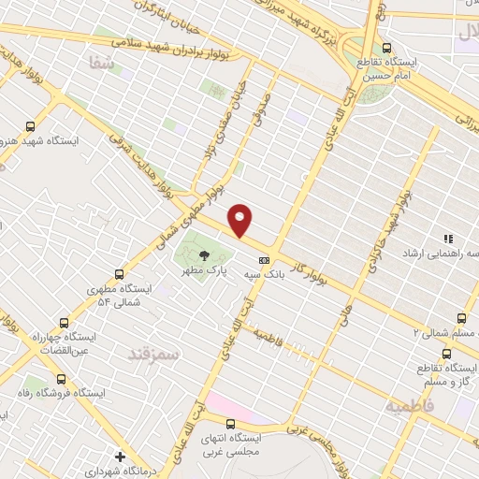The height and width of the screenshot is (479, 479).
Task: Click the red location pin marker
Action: click(241, 220)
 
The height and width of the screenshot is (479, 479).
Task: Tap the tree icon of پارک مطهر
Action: click(204, 256)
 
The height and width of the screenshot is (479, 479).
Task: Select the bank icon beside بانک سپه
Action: click(264, 260)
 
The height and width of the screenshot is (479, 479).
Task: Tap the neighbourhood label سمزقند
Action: click(152, 353)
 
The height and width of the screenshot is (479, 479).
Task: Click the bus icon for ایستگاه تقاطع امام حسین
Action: click(386, 49)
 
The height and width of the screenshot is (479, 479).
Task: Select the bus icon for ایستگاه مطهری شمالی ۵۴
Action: click(119, 274)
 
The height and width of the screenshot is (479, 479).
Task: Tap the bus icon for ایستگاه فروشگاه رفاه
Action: click(61, 379)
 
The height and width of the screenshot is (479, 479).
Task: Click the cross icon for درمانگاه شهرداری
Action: click(119, 456)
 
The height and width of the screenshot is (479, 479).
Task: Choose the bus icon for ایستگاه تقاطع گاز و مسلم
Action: click(445, 354)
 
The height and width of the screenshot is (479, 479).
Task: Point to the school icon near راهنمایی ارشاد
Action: click(446, 239)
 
